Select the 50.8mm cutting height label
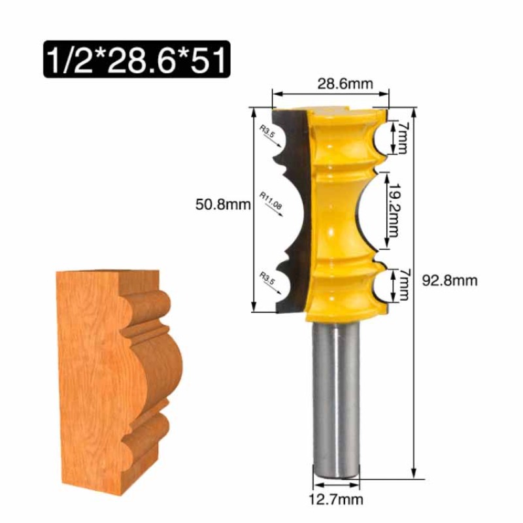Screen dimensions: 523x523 tap(223, 204)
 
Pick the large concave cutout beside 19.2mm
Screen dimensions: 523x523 tap(366, 209)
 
